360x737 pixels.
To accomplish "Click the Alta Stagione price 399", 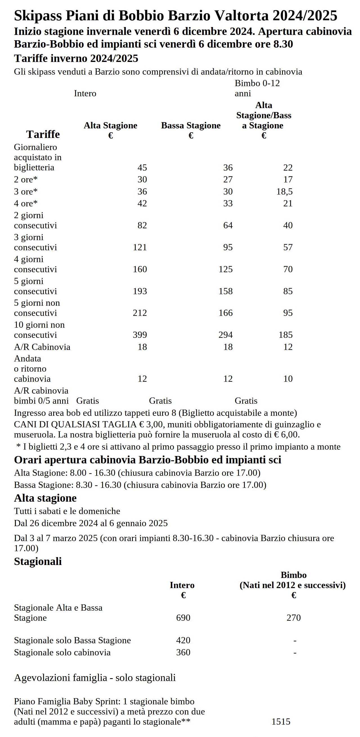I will pos(140,335).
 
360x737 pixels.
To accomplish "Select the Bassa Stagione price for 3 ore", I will pos(228,191).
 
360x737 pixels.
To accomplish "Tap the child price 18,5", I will pos(284,191).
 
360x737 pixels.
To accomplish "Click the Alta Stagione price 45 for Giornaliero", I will pos(142,167).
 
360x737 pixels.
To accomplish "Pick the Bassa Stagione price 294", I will pos(225,335).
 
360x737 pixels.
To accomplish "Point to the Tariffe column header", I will pos(43,134).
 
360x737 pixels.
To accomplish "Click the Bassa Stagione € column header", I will pos(191,130).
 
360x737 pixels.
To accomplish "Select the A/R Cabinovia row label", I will pos(42,347).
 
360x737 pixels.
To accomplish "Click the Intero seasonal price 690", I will pos(183,617).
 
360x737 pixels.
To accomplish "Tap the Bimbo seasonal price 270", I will pos(294,617).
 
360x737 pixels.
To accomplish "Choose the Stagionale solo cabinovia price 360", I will pos(183,652).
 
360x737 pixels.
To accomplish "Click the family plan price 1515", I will pos(281,722).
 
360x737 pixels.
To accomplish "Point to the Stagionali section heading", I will pos(38,561).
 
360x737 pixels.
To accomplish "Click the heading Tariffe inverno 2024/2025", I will pos(76,58).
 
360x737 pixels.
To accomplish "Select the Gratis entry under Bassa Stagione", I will pos(160,401).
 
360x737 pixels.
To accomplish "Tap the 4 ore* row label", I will pos(26,204).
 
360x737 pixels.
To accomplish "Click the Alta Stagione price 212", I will pos(140,313).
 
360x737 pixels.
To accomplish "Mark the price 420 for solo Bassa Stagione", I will pos(183,640).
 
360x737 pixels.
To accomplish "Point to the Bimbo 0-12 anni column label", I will pos(257,88).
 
